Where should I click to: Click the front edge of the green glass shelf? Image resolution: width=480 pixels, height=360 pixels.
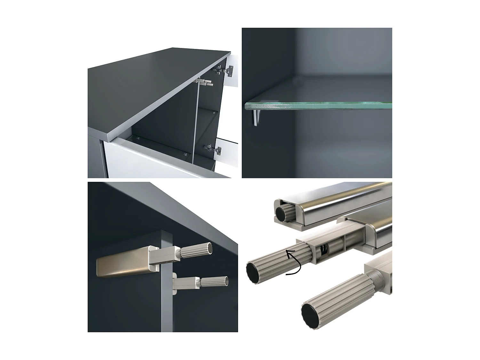pos(317,106)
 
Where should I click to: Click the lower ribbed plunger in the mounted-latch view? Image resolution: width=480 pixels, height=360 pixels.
pos(214,282)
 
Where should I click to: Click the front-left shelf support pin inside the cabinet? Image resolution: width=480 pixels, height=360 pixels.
pos(137,139)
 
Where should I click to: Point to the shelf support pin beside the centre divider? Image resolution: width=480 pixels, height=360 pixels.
pos(186,153)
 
